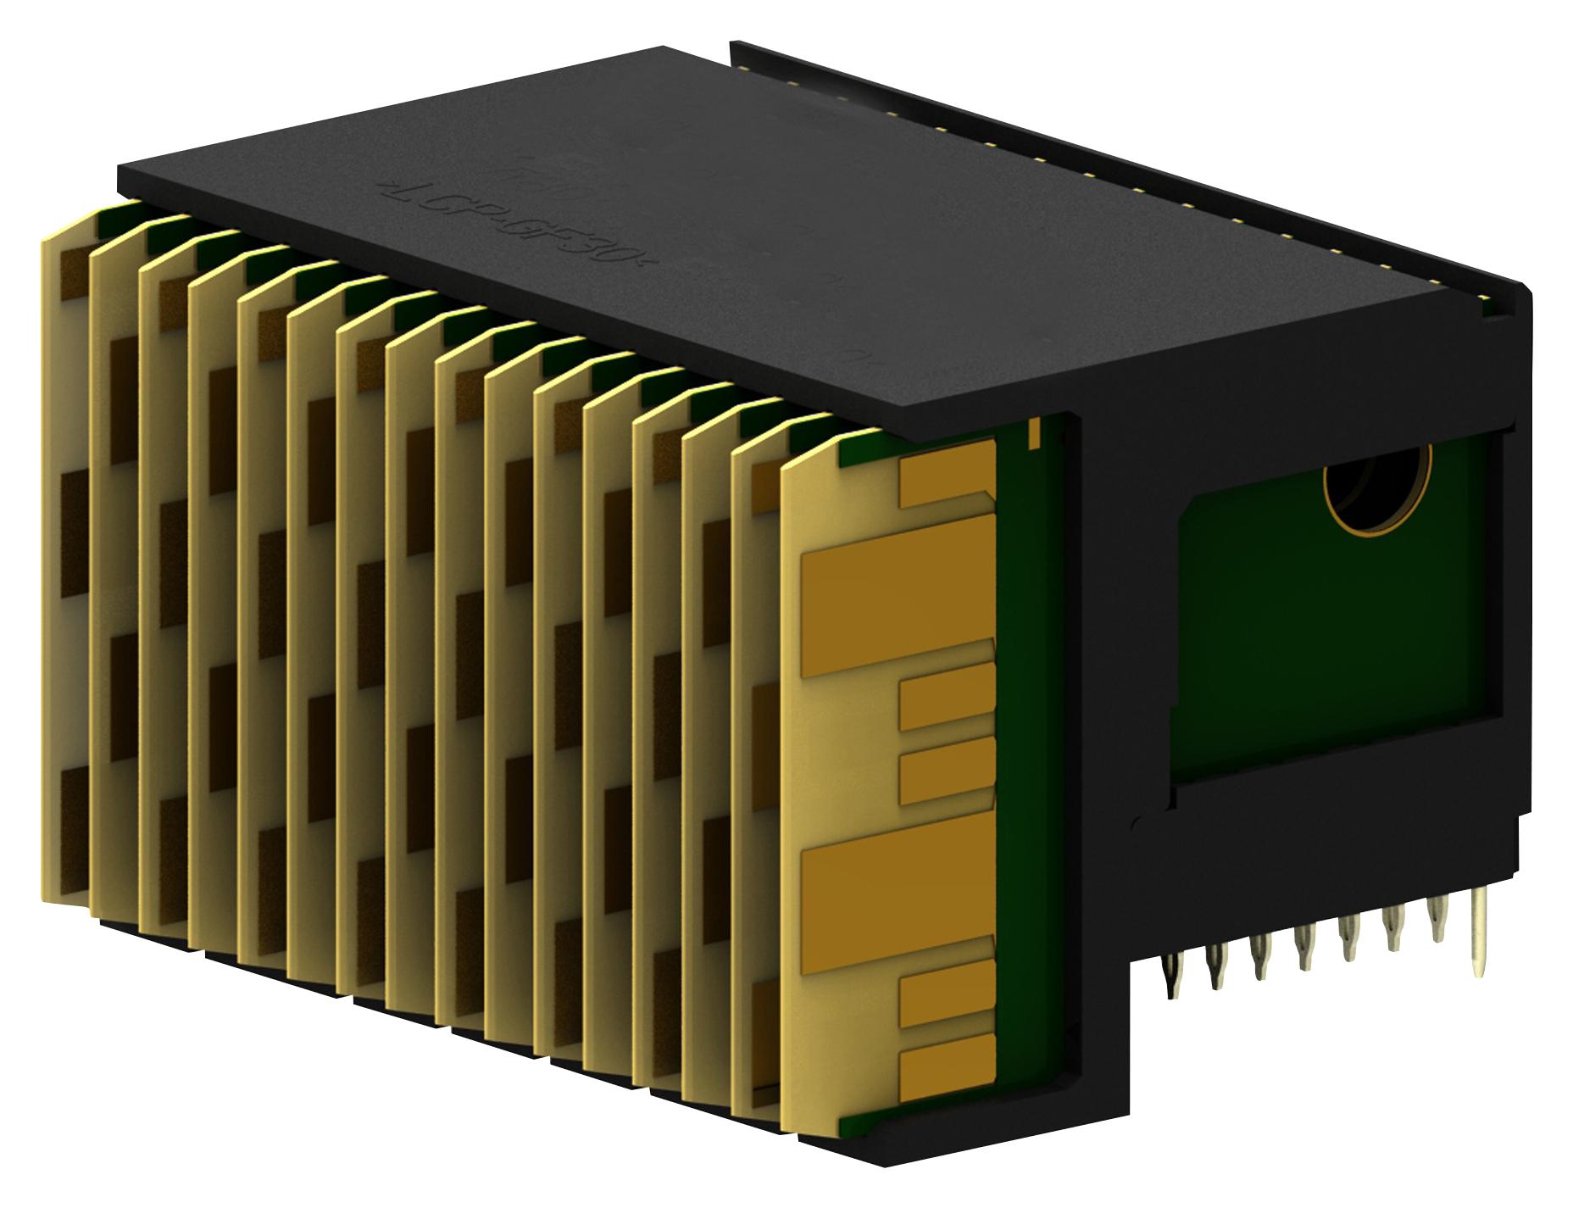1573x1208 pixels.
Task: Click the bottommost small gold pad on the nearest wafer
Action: [x=945, y=1073]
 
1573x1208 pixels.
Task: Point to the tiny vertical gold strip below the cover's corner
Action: [x=1033, y=435]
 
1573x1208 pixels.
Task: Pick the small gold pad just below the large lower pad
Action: [x=945, y=1000]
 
